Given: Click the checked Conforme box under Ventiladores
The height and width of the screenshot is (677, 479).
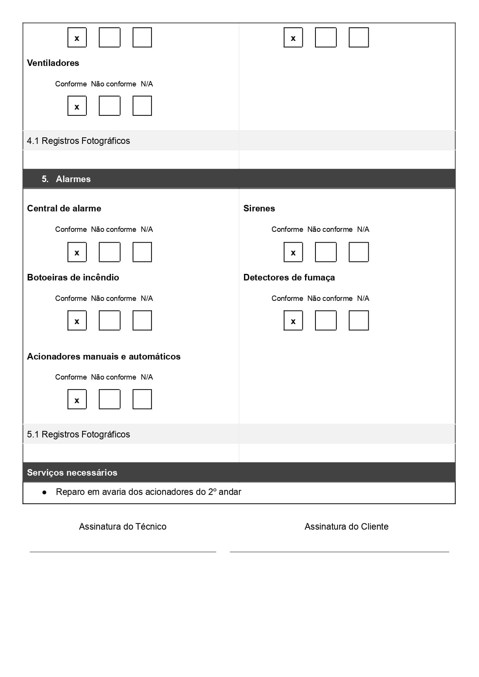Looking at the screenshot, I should click(77, 106).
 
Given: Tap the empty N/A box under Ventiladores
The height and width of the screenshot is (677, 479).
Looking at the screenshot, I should click(142, 106).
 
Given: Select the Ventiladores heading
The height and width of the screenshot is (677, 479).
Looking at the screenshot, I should click(53, 63).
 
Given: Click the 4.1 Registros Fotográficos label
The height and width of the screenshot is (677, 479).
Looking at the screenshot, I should click(78, 141).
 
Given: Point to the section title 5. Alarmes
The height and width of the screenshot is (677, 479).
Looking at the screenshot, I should click(66, 179).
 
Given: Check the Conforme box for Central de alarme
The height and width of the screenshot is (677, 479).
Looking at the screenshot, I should click(77, 252).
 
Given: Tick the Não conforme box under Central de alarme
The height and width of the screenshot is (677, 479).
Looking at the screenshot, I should click(110, 252).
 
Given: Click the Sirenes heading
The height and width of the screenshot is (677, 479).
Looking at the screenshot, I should click(259, 208).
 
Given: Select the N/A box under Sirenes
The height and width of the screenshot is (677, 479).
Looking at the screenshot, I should click(359, 252).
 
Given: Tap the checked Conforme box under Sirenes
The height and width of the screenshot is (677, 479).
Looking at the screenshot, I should click(293, 252).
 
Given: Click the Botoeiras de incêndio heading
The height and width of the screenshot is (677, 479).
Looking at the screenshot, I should click(73, 277).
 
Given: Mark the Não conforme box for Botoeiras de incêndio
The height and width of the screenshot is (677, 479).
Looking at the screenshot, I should click(110, 321).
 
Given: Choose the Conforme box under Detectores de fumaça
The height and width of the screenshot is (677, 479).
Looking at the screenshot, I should click(293, 321).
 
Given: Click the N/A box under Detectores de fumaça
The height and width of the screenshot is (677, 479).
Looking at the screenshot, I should click(359, 321).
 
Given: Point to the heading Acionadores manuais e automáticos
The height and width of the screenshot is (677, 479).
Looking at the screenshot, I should click(104, 356).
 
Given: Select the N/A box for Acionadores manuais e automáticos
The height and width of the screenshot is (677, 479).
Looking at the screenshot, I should click(142, 400).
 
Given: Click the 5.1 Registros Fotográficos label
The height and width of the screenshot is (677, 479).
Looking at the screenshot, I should click(78, 434).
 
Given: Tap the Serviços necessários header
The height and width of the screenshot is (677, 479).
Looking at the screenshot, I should click(72, 473).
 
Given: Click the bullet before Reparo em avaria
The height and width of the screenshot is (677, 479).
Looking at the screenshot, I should click(45, 493).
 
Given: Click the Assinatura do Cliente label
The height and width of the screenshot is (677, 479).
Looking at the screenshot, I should click(346, 527).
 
